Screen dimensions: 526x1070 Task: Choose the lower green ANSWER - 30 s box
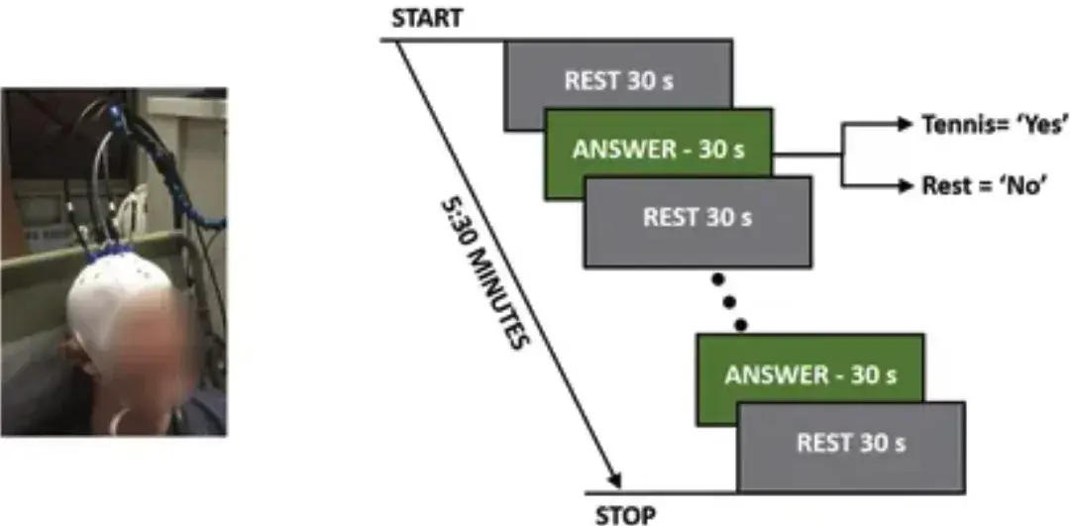[809, 375]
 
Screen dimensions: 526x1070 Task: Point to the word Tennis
[958, 125]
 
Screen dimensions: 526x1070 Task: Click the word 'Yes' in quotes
[1040, 125]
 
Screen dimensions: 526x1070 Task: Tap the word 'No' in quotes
[1027, 184]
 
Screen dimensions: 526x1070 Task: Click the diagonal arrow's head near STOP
[614, 479]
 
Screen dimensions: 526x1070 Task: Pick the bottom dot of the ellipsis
[739, 323]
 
